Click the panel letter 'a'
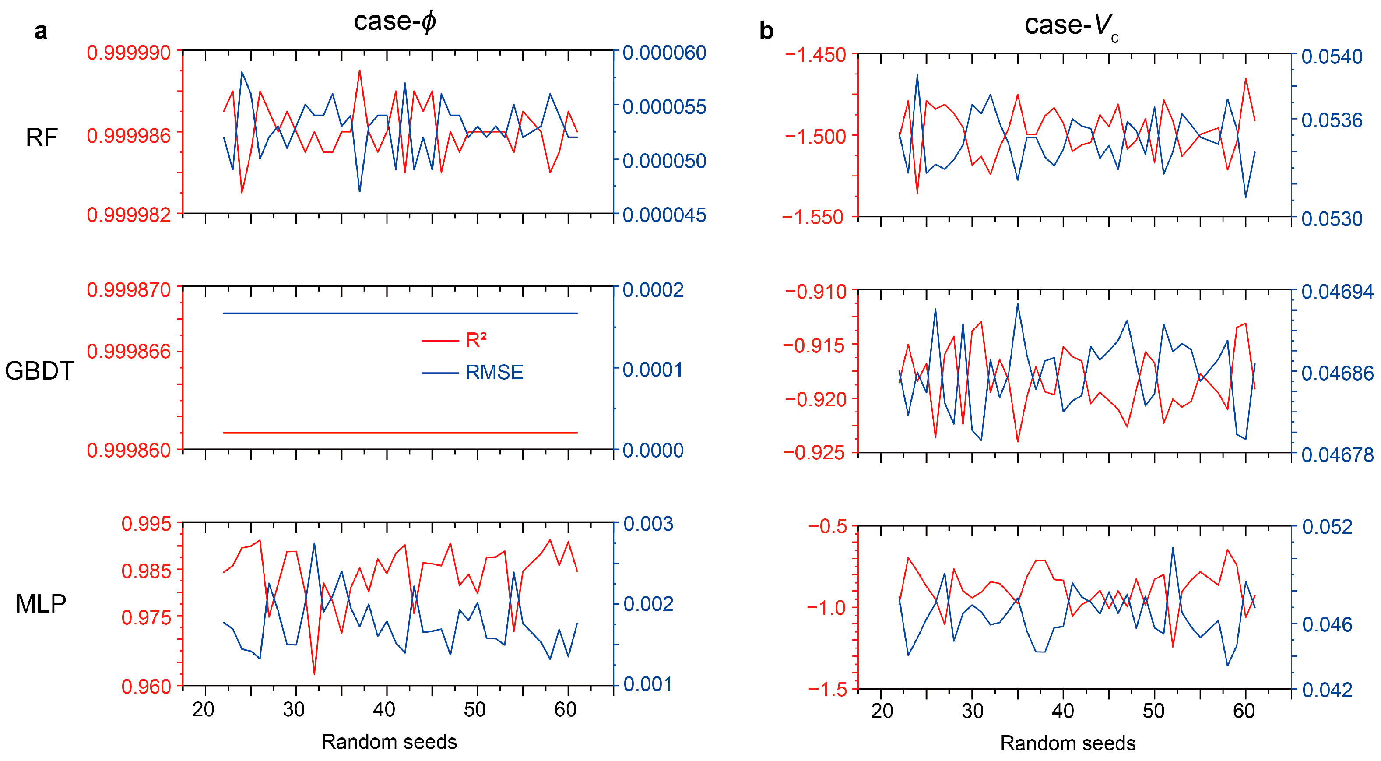point(41,31)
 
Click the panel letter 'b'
point(766,31)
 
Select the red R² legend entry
point(475,340)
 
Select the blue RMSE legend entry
point(494,372)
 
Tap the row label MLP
point(41,604)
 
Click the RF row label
point(42,138)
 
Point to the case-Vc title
point(1071,26)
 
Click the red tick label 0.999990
point(129,53)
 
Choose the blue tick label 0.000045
point(664,215)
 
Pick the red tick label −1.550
point(813,217)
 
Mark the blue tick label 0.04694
point(1337,292)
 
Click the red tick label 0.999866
point(129,352)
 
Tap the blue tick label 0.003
point(648,524)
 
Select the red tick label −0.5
point(828,526)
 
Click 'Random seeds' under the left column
point(389,742)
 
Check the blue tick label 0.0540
point(1332,56)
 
